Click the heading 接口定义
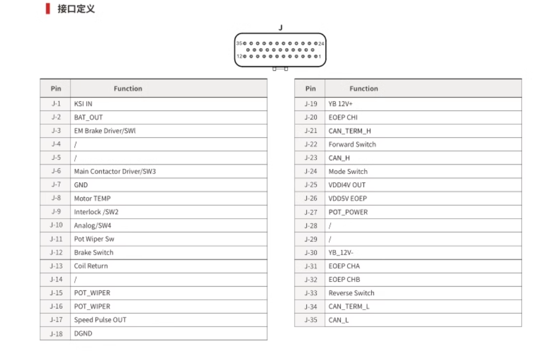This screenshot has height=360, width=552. coord(76,9)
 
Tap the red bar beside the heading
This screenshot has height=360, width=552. coord(48,9)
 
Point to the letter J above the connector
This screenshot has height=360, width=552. coord(280,28)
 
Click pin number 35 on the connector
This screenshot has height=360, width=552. coord(239,43)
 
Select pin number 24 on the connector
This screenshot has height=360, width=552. coord(321,43)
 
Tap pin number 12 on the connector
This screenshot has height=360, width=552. coord(240,56)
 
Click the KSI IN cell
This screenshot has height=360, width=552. coord(83,104)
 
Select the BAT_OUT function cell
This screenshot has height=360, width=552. coord(88,117)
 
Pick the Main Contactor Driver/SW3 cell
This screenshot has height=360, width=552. coord(115,171)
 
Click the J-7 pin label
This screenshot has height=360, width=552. coord(56,185)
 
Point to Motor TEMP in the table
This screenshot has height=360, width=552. coord(92,198)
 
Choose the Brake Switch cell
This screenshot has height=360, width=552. coord(93,252)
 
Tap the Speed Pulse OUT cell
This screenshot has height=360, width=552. coord(100,320)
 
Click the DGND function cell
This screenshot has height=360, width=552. coord(83,334)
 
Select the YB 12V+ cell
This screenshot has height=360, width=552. coord(341,104)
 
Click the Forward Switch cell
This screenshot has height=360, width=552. coord(352,144)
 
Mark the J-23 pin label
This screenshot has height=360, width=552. coord(311,158)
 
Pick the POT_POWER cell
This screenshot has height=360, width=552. coord(348,212)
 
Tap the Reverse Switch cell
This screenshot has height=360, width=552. coord(351,293)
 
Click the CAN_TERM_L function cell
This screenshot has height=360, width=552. coord(349,306)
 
